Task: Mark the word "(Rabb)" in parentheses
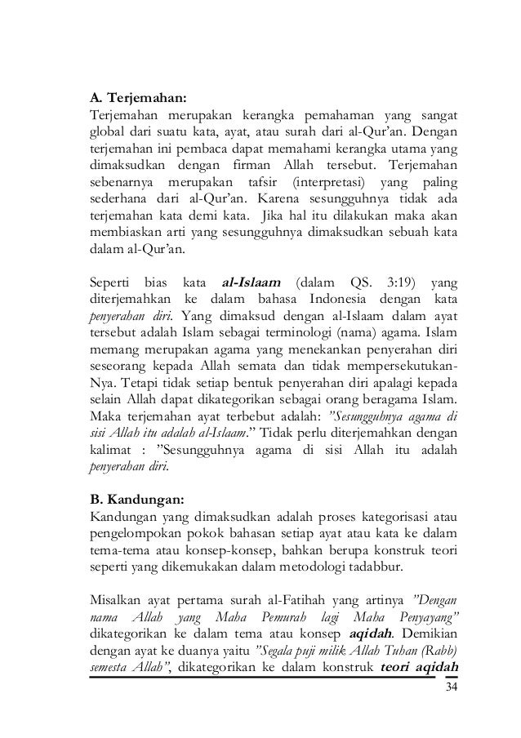pyautogui.click(x=441, y=654)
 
